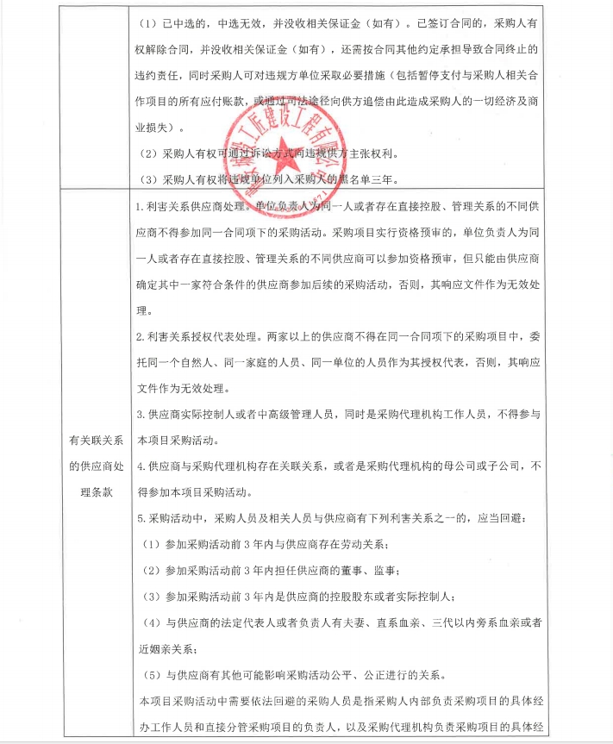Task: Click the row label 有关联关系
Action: pyautogui.click(x=101, y=441)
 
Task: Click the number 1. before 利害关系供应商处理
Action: pyautogui.click(x=141, y=208)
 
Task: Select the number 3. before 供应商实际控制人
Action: pyautogui.click(x=141, y=416)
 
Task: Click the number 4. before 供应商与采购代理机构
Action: pyautogui.click(x=141, y=466)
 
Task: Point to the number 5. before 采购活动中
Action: pyautogui.click(x=141, y=520)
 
